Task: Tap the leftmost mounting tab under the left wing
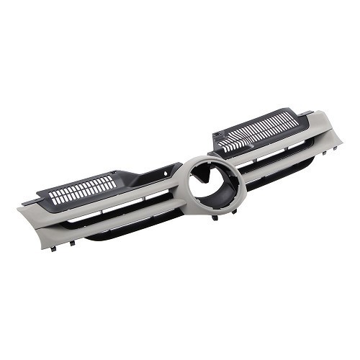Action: (54, 247)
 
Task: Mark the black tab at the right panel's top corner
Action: (306, 112)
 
